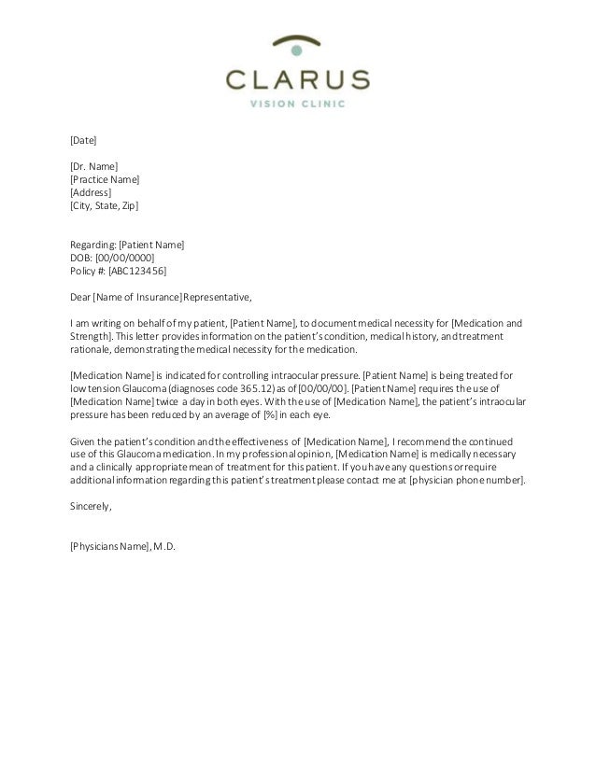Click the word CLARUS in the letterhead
[x=298, y=77]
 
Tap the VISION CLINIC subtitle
[x=298, y=104]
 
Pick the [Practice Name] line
[x=105, y=179]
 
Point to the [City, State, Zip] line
[x=104, y=204]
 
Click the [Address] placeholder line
[x=91, y=192]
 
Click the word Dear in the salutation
[x=81, y=299]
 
